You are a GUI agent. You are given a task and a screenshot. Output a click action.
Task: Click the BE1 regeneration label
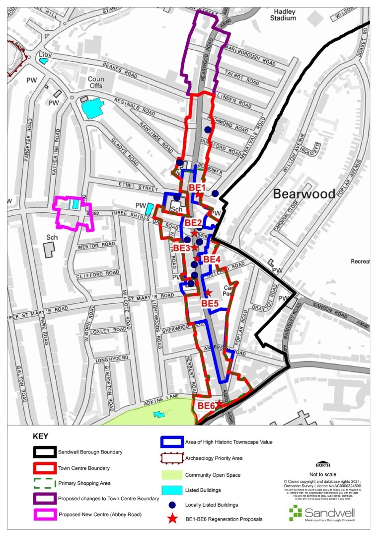(197, 187)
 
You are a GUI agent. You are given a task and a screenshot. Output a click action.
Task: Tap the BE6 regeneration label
(206, 406)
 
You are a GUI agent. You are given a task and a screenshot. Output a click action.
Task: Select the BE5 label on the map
(210, 303)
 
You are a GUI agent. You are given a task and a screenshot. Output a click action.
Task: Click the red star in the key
(172, 519)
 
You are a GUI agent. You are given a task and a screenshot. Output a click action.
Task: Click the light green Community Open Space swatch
(172, 475)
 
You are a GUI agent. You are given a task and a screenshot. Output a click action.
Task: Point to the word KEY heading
(41, 436)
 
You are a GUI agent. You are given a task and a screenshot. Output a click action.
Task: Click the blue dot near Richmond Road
(208, 130)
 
